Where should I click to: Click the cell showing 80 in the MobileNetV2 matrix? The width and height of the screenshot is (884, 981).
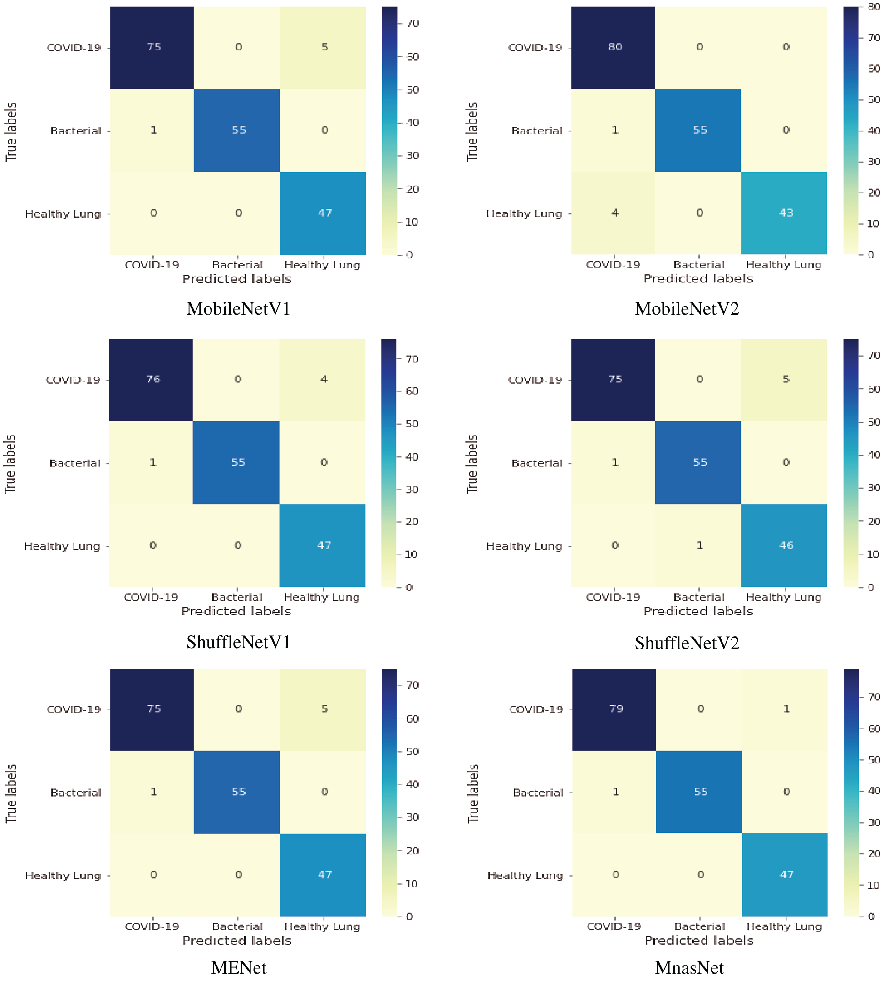click(614, 47)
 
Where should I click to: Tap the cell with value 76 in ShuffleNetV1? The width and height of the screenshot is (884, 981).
click(153, 379)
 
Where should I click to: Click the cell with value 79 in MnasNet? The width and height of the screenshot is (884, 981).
click(615, 709)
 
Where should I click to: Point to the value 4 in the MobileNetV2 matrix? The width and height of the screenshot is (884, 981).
click(614, 213)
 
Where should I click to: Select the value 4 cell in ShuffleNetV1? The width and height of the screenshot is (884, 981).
click(324, 379)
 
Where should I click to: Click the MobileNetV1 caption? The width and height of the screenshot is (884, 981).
click(238, 309)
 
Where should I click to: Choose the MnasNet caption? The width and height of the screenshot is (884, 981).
click(689, 968)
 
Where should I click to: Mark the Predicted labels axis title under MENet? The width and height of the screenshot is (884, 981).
click(237, 941)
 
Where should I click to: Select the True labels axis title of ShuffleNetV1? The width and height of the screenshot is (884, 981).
click(10, 464)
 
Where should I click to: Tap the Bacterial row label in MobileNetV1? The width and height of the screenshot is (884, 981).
click(76, 131)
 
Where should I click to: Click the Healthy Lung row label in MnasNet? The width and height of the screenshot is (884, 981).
click(525, 876)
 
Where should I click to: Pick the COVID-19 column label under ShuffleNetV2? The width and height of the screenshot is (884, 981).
click(613, 597)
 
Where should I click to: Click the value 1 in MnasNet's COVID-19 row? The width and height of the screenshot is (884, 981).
click(786, 709)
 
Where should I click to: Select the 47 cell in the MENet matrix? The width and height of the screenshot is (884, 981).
click(324, 875)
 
